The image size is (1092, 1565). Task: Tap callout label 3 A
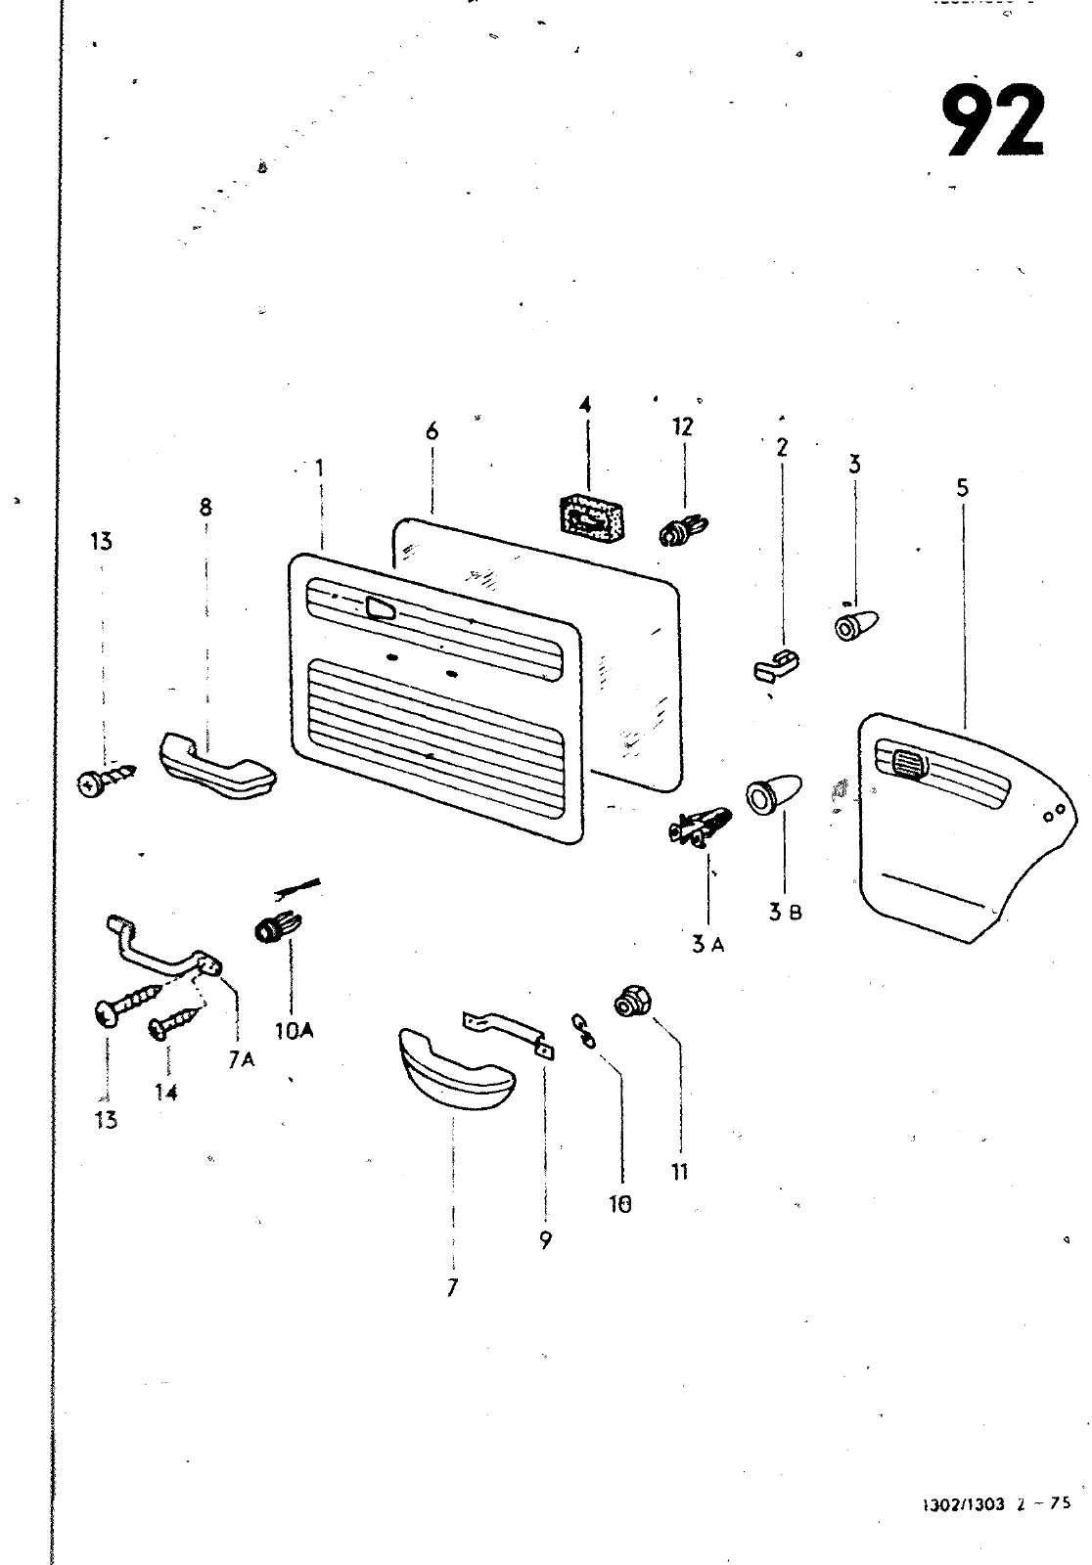pyautogui.click(x=707, y=945)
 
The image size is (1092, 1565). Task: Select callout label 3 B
pyautogui.click(x=785, y=913)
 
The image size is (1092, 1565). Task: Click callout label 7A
pyautogui.click(x=241, y=1059)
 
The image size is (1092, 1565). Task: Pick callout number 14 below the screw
pyautogui.click(x=166, y=1092)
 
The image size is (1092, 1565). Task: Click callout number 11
pyautogui.click(x=680, y=1171)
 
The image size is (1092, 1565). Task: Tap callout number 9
pyautogui.click(x=545, y=1240)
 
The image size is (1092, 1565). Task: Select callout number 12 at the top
pyautogui.click(x=682, y=426)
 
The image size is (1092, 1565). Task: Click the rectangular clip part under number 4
pyautogui.click(x=589, y=514)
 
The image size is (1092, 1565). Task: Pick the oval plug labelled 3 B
pyautogui.click(x=773, y=794)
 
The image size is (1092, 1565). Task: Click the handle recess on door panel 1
pyautogui.click(x=379, y=609)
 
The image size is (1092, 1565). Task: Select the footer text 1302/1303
pyautogui.click(x=963, y=1533)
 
